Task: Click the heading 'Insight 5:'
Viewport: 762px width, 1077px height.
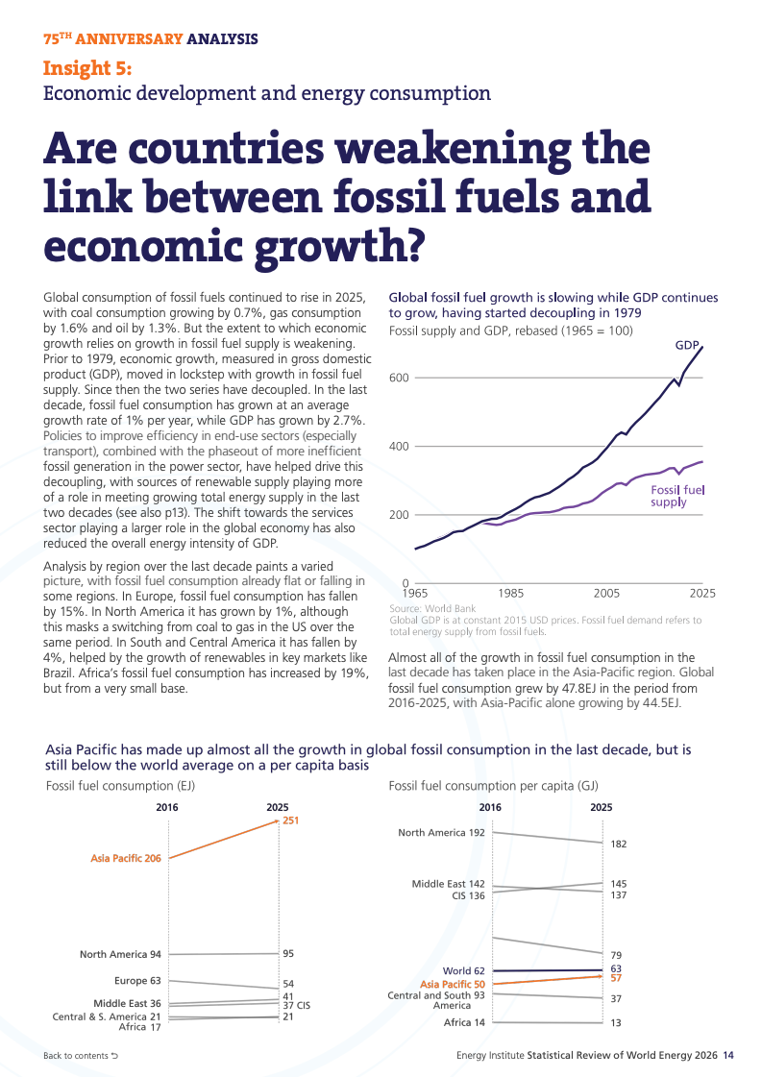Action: (x=87, y=68)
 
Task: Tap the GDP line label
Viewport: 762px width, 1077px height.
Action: (x=686, y=345)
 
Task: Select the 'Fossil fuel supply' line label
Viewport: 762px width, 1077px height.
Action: (x=677, y=496)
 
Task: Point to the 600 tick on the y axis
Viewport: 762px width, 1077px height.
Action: (x=399, y=378)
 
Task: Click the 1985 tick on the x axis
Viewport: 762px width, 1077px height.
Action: (x=510, y=594)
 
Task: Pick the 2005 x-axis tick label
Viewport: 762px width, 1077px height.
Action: (x=606, y=594)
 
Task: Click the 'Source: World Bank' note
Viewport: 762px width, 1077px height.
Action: (x=432, y=608)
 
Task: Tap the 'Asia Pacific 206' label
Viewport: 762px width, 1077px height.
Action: (x=126, y=859)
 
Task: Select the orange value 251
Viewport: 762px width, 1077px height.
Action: (x=290, y=820)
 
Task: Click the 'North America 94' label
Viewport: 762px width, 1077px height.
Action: (x=120, y=954)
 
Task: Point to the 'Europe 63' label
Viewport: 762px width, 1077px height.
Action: (x=137, y=981)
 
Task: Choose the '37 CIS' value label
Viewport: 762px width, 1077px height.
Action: (x=297, y=1006)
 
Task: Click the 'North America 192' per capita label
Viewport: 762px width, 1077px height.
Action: (x=441, y=832)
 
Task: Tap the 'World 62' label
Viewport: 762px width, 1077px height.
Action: (x=464, y=971)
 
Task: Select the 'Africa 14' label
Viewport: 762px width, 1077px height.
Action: (x=464, y=1023)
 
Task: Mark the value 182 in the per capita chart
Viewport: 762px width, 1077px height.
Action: (x=619, y=844)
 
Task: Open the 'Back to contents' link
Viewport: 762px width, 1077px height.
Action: (x=81, y=1056)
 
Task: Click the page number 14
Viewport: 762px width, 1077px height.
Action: (x=728, y=1056)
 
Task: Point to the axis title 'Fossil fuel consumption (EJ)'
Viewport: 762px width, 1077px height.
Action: (x=120, y=786)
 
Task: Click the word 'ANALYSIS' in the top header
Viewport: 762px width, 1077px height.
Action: (x=223, y=39)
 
